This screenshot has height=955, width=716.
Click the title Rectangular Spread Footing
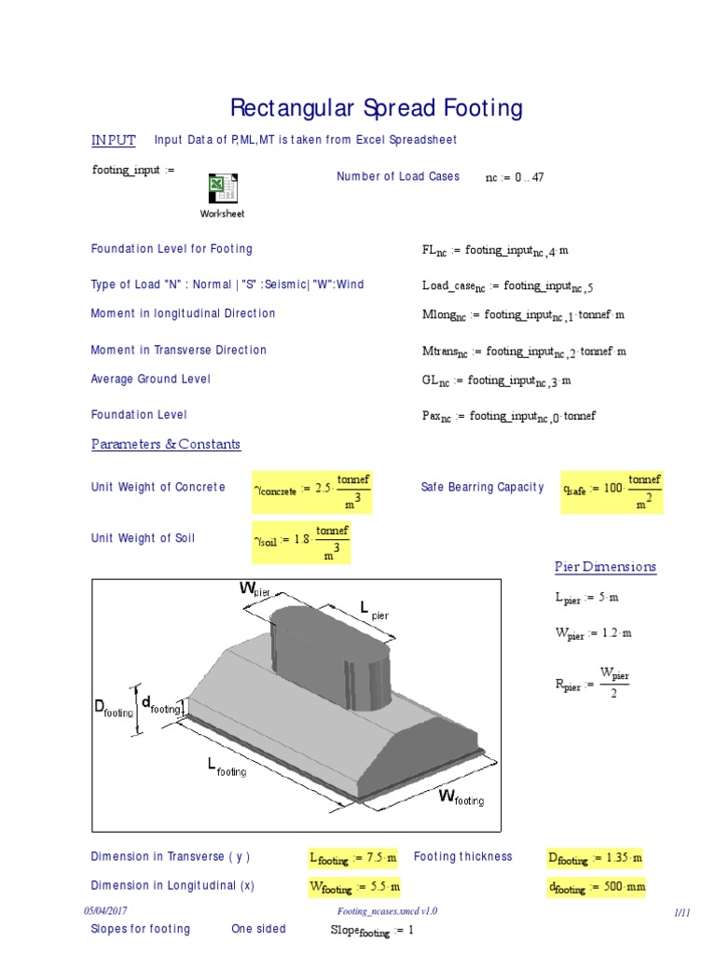pos(376,108)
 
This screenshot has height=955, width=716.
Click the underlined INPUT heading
pos(113,140)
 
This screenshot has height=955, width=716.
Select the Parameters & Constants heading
pos(166,444)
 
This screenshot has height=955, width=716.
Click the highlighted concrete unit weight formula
pos(313,490)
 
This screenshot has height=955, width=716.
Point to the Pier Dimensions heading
pos(605,567)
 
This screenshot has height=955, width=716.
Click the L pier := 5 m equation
pos(586,599)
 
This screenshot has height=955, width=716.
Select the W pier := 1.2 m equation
pos(593,634)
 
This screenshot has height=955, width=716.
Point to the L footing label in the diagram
pos(227,768)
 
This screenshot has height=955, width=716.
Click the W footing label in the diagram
pos(461,797)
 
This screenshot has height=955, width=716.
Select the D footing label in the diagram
pos(114,710)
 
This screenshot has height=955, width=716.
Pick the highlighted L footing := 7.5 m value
pos(353,858)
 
